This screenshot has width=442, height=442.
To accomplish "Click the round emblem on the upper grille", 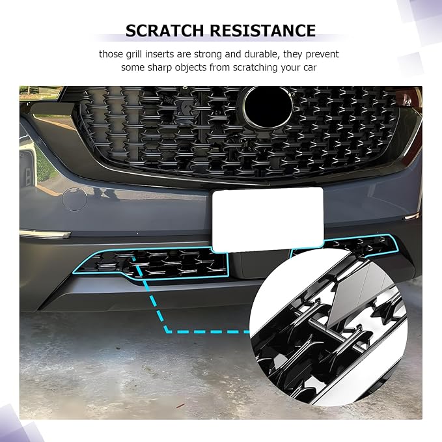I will tap(268, 107).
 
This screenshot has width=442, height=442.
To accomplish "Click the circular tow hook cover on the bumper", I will tap(74, 199).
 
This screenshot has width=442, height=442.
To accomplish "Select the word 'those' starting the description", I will tap(112, 54).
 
